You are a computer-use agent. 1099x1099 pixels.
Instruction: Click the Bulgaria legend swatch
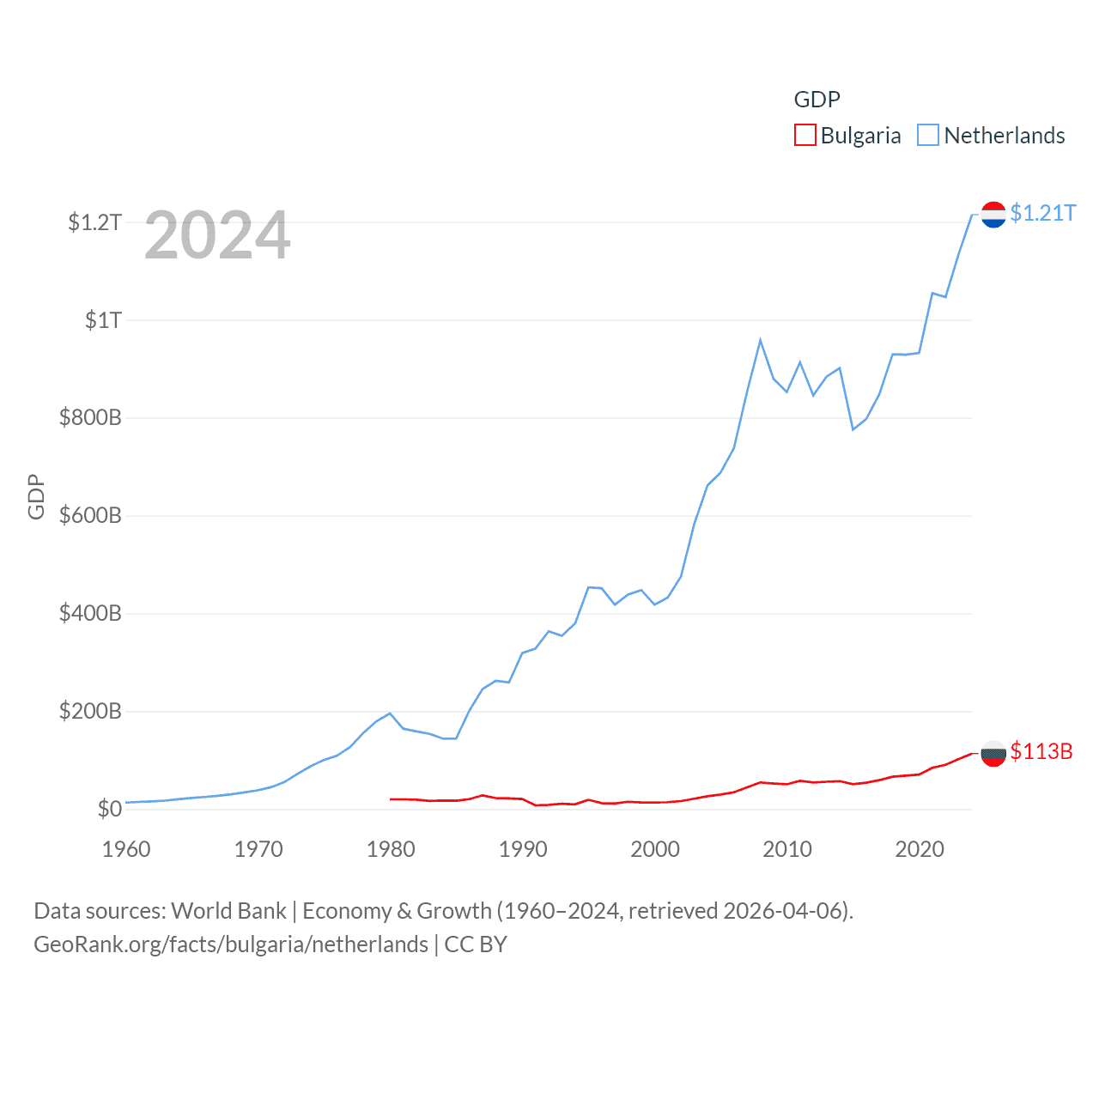pos(805,136)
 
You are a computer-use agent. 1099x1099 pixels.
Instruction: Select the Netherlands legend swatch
pos(928,136)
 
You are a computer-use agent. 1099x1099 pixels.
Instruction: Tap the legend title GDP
pos(817,100)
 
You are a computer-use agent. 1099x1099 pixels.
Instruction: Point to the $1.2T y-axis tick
pos(94,223)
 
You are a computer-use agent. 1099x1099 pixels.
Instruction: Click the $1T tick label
pos(103,321)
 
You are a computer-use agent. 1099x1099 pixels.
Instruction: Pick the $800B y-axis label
pos(90,418)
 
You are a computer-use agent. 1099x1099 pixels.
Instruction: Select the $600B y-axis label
pos(90,516)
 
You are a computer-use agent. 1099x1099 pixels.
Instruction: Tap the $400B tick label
pos(90,614)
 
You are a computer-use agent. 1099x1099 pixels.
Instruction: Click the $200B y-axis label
pos(90,712)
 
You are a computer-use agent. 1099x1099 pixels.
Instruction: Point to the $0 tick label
pos(109,810)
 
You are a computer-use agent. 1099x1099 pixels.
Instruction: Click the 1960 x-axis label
pos(126,850)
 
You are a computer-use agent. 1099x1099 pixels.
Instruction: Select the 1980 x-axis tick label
pos(391,850)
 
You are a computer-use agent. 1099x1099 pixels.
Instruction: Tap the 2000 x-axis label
pos(655,850)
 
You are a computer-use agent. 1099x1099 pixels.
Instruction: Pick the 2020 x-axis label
pos(920,850)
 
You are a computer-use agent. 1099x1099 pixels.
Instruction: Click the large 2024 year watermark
pos(217,235)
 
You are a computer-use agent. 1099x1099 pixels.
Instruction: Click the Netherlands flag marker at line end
pos(993,215)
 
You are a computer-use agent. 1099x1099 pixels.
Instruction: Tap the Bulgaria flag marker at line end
pos(993,753)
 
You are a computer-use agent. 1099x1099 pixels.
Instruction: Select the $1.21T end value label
pos(1043,213)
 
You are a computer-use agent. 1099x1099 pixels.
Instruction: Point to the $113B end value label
pos(1041,752)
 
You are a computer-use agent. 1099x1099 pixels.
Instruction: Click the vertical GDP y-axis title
pos(36,496)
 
